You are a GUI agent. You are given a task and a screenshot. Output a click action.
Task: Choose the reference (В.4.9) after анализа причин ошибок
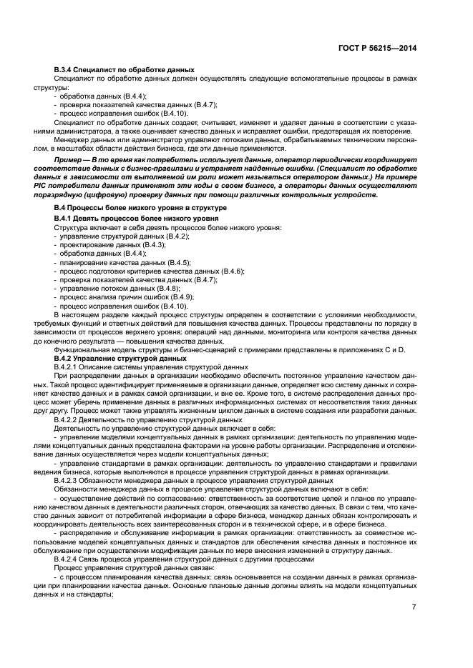[x=181, y=297]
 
